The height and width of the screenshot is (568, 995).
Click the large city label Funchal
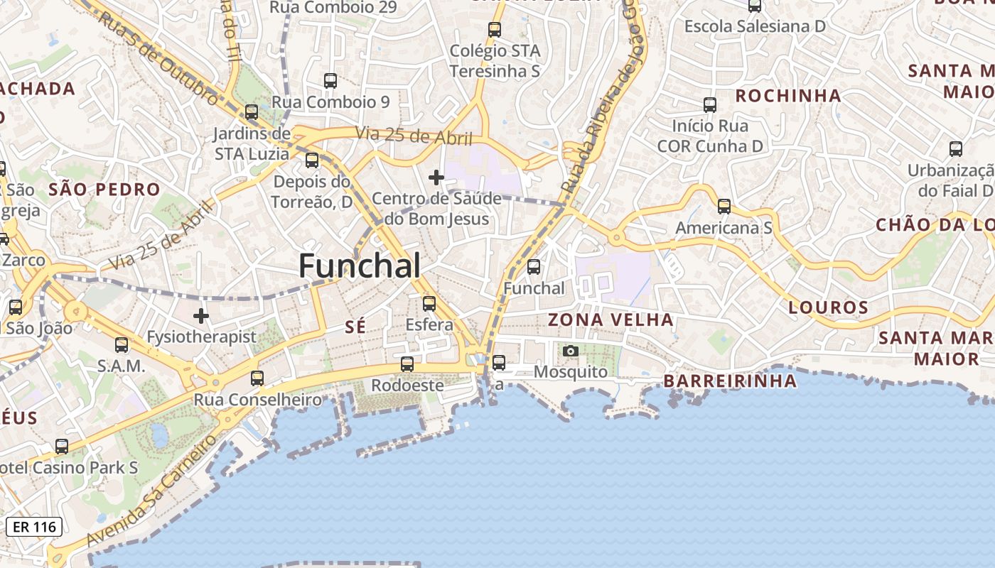coord(359,266)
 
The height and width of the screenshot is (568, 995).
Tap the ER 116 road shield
coord(34,527)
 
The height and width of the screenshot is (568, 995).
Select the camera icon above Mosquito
coord(570,351)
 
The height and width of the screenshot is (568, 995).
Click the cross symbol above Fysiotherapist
coord(202,315)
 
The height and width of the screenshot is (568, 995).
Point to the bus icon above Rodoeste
coord(407,364)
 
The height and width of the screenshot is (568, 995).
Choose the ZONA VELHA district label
coord(611,319)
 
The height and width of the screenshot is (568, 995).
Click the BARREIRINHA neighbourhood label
coord(730,381)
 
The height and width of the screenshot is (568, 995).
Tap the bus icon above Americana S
coord(724,207)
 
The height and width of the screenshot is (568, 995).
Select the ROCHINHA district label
coord(787,96)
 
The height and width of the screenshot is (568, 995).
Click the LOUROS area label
coord(828,307)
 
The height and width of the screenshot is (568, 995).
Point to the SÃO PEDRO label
coord(104,190)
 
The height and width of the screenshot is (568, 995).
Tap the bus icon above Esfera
coord(429,304)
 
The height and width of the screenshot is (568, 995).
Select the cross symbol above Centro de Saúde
coord(436,177)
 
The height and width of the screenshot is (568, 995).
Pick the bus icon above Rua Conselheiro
coord(257,378)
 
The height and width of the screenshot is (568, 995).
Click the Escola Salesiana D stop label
coord(754,26)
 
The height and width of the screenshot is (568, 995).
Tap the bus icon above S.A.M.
coord(122,345)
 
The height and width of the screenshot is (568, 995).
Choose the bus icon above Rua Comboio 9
coord(330,81)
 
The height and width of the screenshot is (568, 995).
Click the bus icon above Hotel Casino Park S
coord(62,447)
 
